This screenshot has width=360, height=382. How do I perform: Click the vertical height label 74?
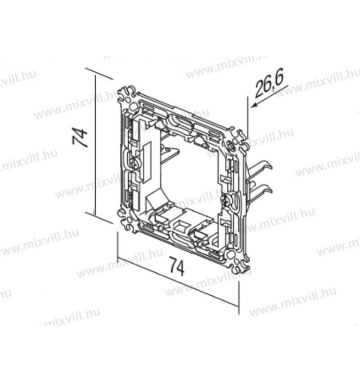click(80, 138)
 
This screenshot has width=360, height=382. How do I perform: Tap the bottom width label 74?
click(177, 267)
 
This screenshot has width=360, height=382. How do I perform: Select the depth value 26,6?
click(269, 84)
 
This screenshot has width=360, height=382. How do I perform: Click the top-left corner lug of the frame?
click(127, 96)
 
